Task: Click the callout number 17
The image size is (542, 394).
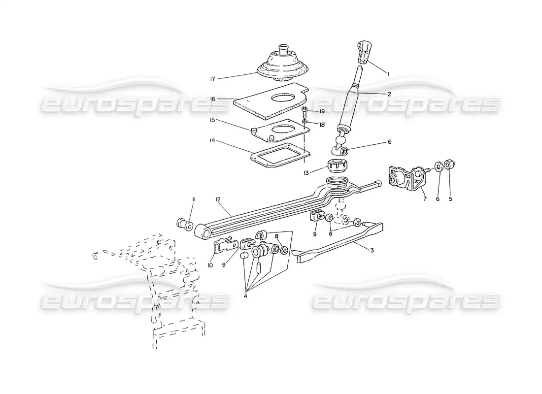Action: pos(212,79)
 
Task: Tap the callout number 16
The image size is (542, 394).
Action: pos(212,99)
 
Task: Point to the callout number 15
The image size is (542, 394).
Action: pos(212,120)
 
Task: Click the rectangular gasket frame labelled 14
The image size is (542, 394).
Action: pos(280,156)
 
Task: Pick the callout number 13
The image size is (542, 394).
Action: pos(306,173)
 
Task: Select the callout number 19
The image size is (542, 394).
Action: pos(322,111)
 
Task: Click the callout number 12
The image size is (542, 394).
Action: pos(218,199)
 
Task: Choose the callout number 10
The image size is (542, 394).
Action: pos(210,265)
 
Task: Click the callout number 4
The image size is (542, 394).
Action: pos(245,296)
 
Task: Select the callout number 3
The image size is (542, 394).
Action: pos(372,250)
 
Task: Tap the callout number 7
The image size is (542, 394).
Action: pos(425,199)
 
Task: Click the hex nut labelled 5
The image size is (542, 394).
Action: pos(449,164)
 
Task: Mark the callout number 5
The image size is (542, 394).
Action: pos(450,199)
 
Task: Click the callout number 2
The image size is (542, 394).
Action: pos(389,94)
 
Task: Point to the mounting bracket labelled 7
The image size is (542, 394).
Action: pos(408,178)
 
